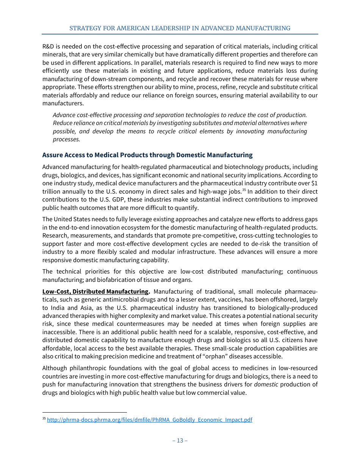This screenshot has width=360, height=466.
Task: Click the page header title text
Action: point(180,28)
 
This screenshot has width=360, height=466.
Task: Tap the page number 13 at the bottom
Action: point(180,440)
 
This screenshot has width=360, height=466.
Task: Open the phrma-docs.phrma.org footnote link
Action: point(149,420)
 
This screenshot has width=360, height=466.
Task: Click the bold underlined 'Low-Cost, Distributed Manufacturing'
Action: point(95,291)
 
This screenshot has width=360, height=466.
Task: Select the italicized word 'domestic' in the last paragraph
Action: point(266,384)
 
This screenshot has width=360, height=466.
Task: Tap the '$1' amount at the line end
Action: point(314,183)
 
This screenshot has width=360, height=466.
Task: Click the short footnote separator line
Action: point(85,412)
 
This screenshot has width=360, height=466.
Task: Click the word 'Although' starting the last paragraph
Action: point(54,368)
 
